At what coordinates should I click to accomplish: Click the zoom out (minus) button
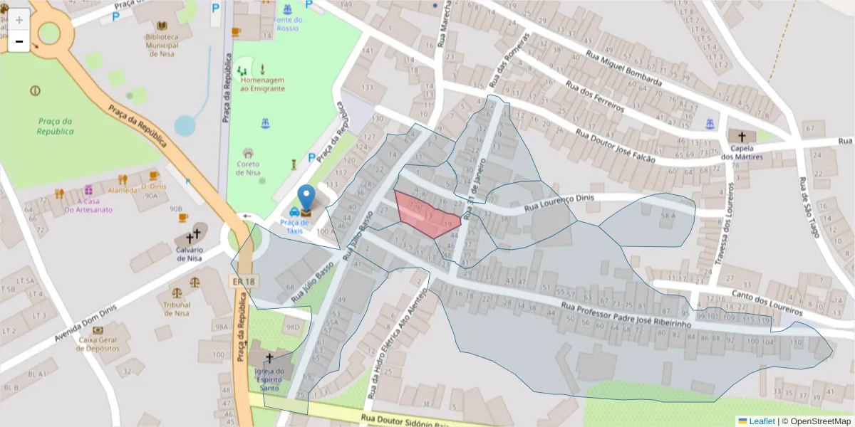coord(19,42)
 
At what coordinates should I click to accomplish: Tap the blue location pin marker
coord(306,198)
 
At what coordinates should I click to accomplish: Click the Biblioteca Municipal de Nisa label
coord(162,45)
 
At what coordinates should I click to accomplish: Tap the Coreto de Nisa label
coord(248,168)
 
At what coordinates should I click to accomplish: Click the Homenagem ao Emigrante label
coord(262,84)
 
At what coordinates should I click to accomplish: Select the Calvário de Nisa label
coord(190,253)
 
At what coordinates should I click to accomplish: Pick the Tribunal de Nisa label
coord(176,308)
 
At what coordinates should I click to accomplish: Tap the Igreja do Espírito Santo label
coord(269,379)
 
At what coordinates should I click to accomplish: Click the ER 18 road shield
coord(243,282)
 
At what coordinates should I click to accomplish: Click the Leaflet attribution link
coord(762,421)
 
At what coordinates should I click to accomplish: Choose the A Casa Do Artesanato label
coord(88,205)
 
